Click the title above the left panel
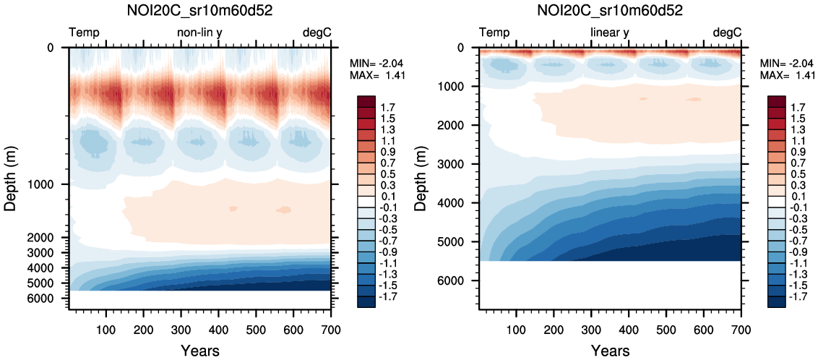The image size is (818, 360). click(x=200, y=11)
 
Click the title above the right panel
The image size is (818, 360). click(x=611, y=11)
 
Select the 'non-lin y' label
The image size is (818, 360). click(x=200, y=33)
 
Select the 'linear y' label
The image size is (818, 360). click(x=610, y=33)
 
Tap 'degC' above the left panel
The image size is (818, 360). click(x=317, y=33)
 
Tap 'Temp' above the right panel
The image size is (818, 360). click(x=494, y=33)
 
